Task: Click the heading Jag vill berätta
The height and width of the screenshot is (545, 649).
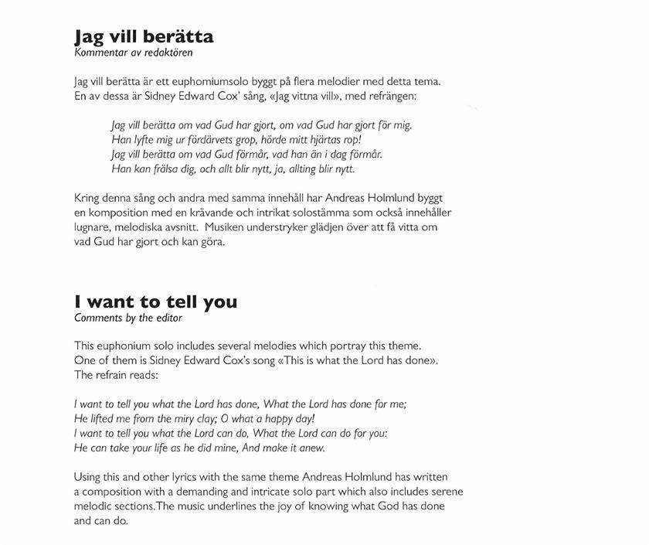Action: [144, 36]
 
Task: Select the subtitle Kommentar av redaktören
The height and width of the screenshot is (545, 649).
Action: [133, 53]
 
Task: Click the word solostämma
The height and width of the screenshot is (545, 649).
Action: [315, 212]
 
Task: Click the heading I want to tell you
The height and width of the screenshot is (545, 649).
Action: [155, 301]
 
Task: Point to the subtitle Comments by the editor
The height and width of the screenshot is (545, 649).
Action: [128, 318]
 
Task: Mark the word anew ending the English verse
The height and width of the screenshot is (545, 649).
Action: [311, 448]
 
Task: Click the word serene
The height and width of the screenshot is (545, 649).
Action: [446, 492]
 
